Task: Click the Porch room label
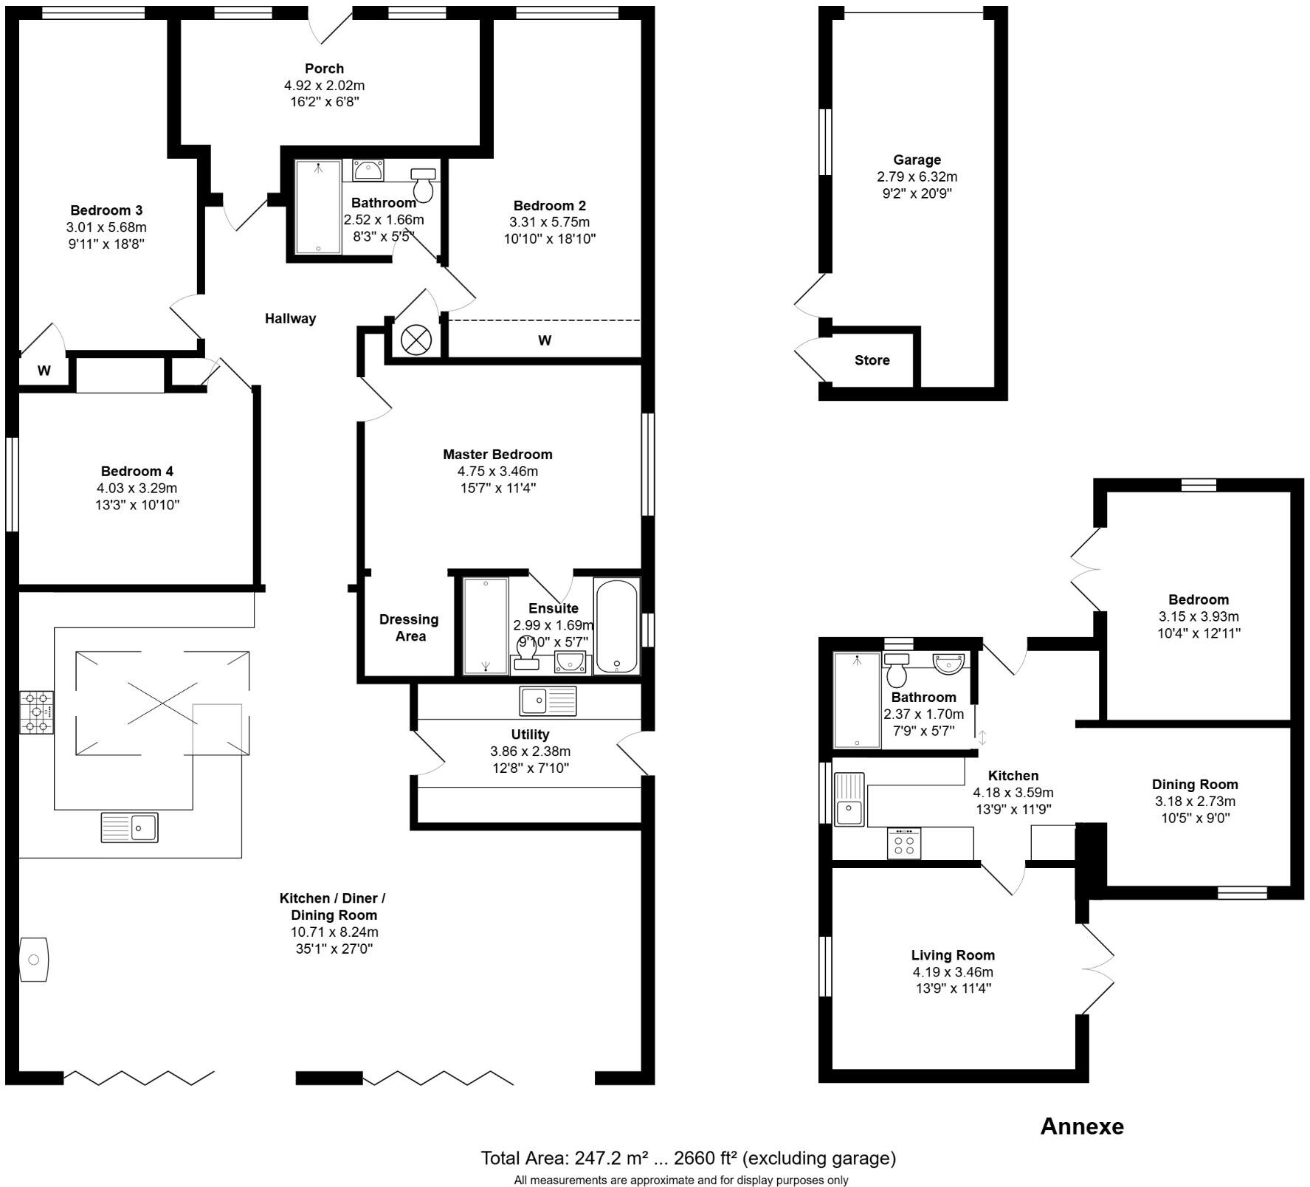tap(324, 69)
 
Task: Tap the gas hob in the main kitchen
tap(36, 712)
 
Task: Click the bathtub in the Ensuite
tap(616, 626)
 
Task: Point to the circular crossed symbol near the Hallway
tap(415, 340)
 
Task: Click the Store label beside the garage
tap(872, 360)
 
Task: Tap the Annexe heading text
tap(1081, 1126)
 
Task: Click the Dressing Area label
tap(409, 627)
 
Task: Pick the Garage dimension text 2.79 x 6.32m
tap(917, 176)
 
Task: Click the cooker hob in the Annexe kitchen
tap(904, 843)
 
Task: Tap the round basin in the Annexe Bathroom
tap(949, 662)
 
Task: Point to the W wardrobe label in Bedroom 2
tap(544, 340)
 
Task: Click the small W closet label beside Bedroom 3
tap(44, 371)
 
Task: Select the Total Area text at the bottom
tap(688, 1157)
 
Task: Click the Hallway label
tap(290, 318)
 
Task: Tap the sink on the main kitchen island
tap(130, 827)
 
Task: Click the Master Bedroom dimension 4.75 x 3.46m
tap(497, 471)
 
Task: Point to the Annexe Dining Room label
tap(1194, 785)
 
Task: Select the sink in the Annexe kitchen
tap(849, 799)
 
